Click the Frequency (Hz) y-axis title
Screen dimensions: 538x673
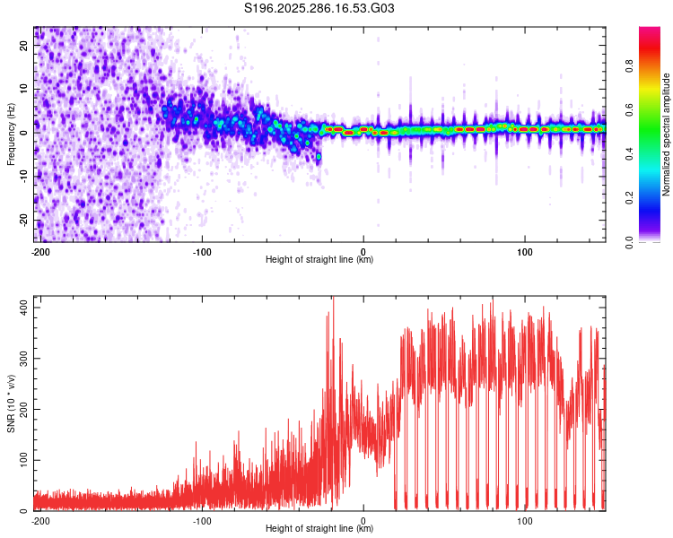click(x=11, y=134)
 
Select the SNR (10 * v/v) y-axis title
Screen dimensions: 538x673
click(x=11, y=403)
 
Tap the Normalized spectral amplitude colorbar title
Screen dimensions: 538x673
click(x=667, y=134)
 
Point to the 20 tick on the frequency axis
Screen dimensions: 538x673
click(x=25, y=47)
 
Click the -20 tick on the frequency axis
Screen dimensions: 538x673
click(x=23, y=220)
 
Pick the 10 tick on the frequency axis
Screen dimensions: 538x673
click(x=25, y=90)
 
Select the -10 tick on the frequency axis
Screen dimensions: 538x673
click(x=23, y=177)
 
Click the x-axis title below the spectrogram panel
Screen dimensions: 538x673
click(x=319, y=260)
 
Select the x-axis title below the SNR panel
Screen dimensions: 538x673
click(x=319, y=529)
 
